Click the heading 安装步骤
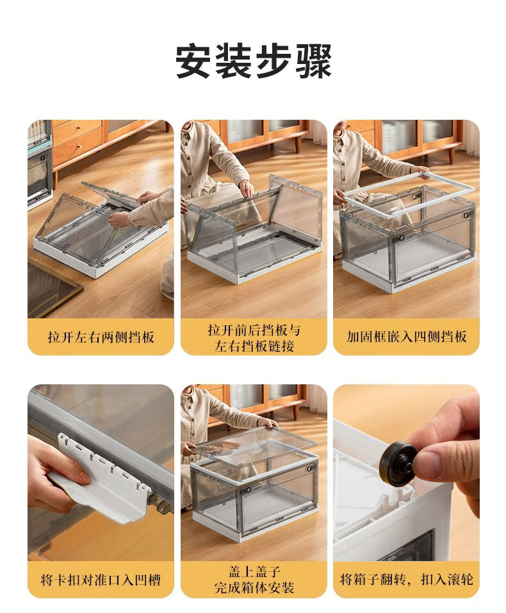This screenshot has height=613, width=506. (253, 61)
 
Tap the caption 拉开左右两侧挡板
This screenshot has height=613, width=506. (101, 337)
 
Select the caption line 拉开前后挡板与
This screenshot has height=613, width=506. (254, 331)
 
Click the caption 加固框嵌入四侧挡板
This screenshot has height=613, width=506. (406, 336)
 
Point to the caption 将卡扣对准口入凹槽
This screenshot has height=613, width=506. (101, 580)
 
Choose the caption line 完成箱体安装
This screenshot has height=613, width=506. (254, 587)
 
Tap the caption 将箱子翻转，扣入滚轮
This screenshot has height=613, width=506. (406, 580)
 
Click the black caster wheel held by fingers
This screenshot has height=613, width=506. (398, 464)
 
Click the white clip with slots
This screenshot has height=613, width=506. (102, 481)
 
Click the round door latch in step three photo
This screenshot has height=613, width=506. (402, 238)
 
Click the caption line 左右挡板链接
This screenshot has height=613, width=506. (254, 346)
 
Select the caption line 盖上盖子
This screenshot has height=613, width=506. (254, 572)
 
